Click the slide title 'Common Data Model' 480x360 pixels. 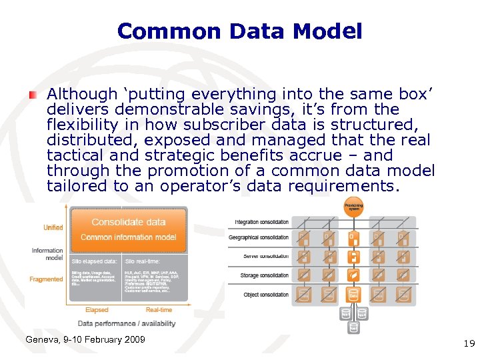[x=239, y=31]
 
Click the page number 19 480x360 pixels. [x=469, y=343]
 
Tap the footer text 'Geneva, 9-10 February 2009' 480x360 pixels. [x=85, y=340]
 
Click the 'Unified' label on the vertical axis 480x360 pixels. [x=53, y=228]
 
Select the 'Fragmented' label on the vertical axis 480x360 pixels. [x=47, y=279]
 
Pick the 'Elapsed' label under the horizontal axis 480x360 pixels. [x=97, y=310]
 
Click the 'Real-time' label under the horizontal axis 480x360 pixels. [x=159, y=310]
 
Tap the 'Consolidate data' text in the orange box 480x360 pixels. [x=129, y=222]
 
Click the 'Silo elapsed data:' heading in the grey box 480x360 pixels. [x=95, y=261]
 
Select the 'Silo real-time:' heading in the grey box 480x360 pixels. [x=143, y=261]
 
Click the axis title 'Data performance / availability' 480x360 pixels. [x=127, y=324]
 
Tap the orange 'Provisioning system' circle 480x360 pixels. [x=353, y=207]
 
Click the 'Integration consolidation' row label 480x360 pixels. [x=261, y=222]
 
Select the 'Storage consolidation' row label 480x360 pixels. [x=265, y=275]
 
